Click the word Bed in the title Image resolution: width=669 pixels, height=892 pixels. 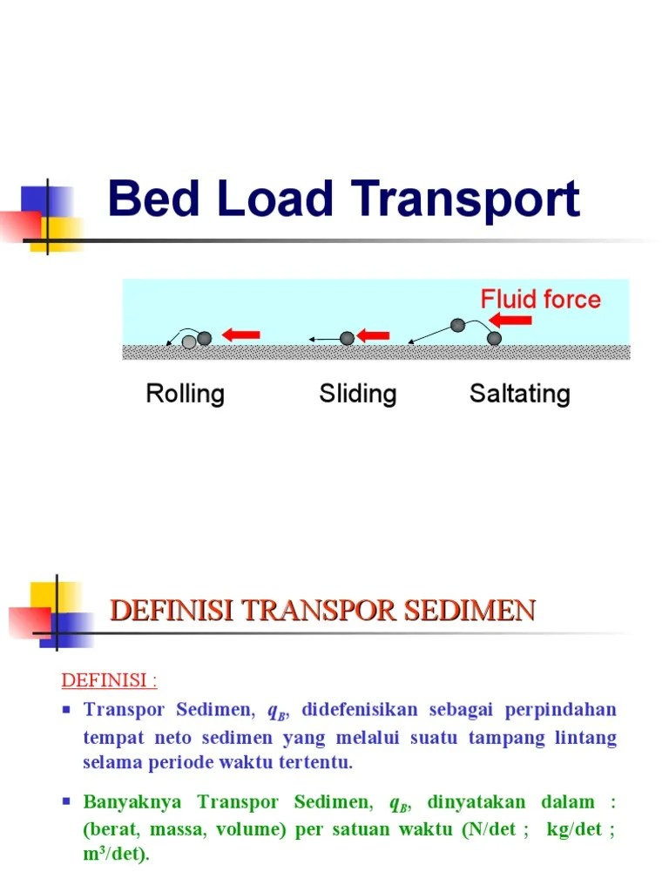coord(152,199)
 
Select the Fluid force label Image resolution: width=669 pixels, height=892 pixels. coord(540,301)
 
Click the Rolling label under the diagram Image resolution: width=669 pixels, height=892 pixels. coord(185,394)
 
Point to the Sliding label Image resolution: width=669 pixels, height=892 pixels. coord(357,394)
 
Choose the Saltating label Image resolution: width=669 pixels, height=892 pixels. coord(519,394)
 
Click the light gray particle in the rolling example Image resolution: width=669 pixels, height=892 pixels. coord(189,342)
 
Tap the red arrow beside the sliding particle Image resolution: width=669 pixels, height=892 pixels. coord(375,336)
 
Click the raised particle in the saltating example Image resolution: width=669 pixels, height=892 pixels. coord(457,325)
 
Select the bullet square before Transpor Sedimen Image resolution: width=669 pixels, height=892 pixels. coord(66,710)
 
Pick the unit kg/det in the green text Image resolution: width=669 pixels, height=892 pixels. coord(574,828)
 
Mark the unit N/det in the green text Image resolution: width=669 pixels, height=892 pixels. coord(494,828)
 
